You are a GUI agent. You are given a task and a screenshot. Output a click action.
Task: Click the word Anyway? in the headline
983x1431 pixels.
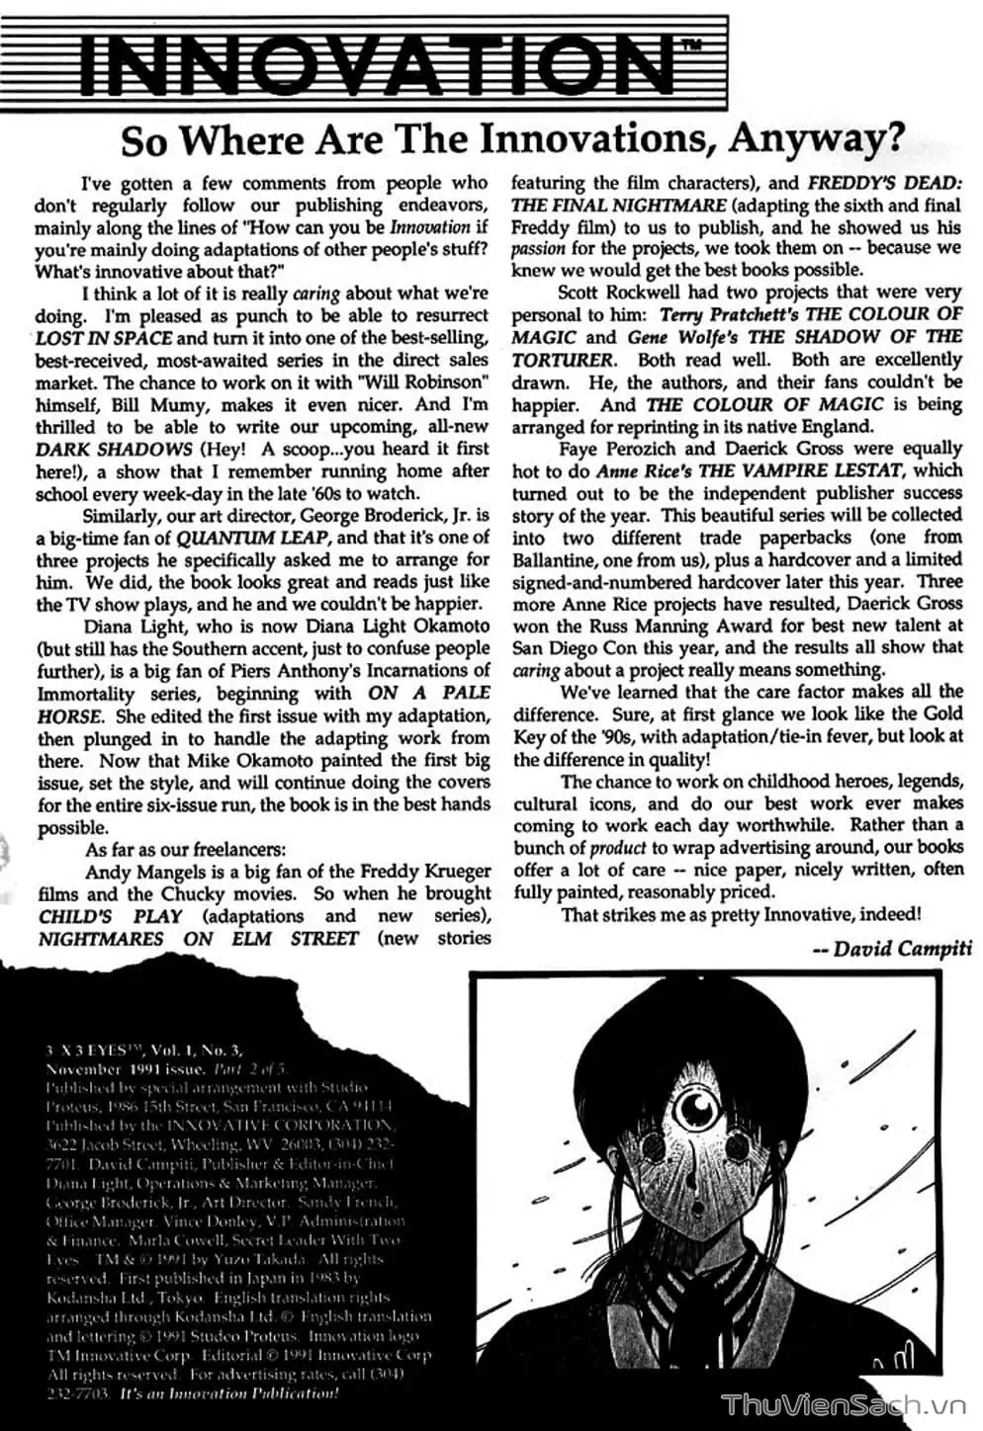click(815, 141)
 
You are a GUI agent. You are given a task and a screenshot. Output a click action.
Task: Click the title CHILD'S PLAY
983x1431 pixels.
click(111, 916)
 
